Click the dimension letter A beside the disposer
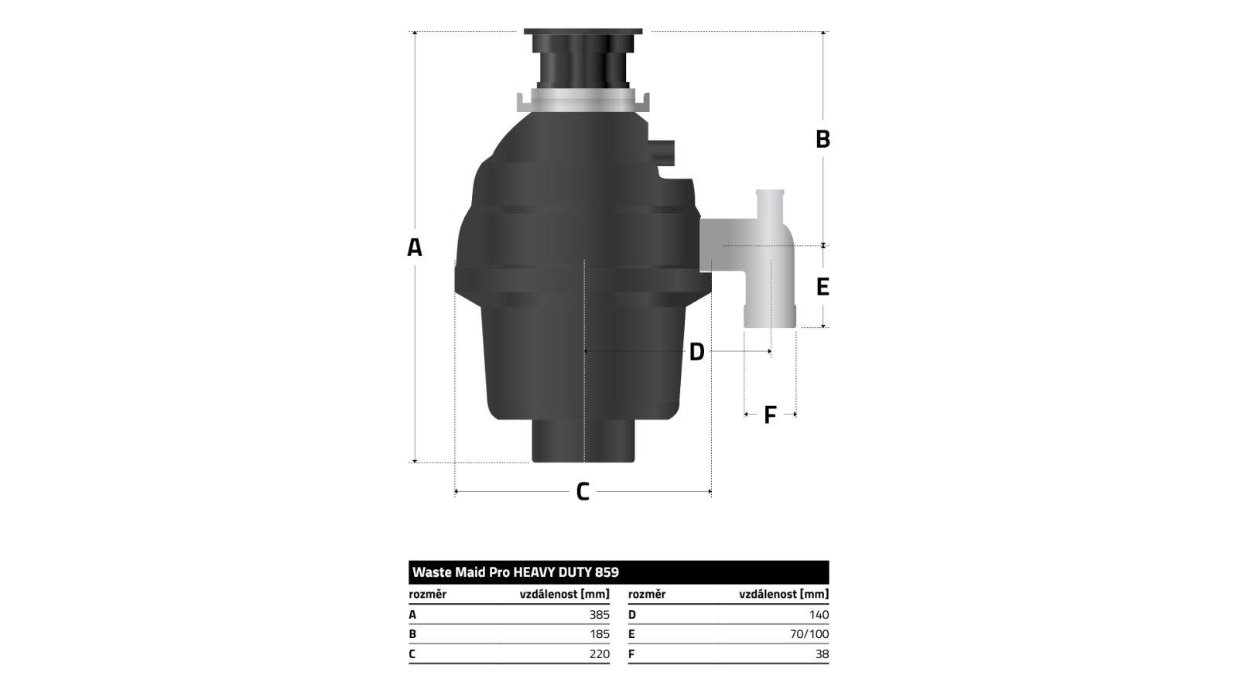point(415,247)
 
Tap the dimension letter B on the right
point(823,139)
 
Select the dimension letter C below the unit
point(583,492)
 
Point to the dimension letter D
point(696,352)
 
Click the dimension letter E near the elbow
point(823,287)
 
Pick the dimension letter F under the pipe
point(770,415)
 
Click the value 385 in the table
point(599,615)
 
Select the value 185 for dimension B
point(600,634)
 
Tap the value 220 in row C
point(599,654)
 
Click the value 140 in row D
point(819,615)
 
